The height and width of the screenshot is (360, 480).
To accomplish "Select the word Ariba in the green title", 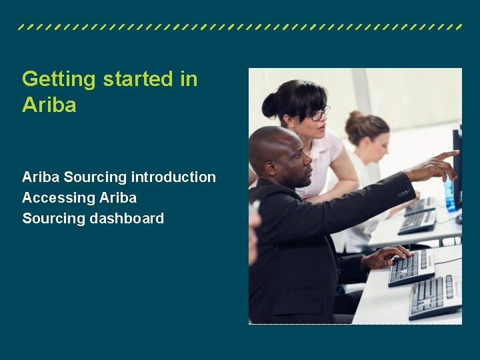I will (x=49, y=105).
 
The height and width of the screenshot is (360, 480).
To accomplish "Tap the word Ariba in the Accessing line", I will (x=118, y=198).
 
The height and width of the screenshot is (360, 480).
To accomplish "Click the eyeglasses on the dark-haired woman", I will (x=317, y=114).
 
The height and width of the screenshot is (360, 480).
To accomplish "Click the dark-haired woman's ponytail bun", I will (x=269, y=105).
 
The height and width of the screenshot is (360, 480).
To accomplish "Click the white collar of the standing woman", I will (x=320, y=147).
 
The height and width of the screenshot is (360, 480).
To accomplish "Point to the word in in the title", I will (x=189, y=79).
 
